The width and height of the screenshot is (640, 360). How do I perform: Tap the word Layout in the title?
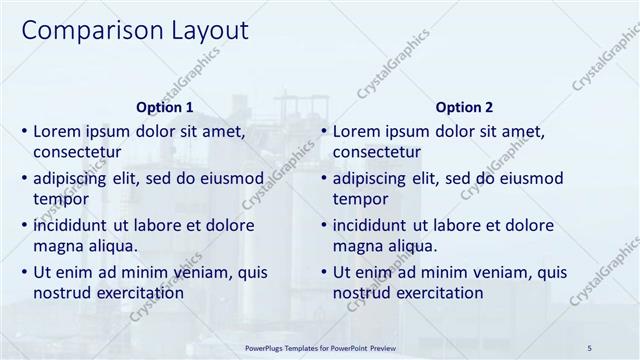tap(202, 31)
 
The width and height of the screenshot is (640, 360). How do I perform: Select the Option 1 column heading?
tap(164, 107)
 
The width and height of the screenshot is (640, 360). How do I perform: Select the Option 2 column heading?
tap(464, 107)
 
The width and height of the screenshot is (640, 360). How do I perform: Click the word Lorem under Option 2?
tap(357, 131)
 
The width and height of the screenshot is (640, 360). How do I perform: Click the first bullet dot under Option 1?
tap(25, 132)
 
